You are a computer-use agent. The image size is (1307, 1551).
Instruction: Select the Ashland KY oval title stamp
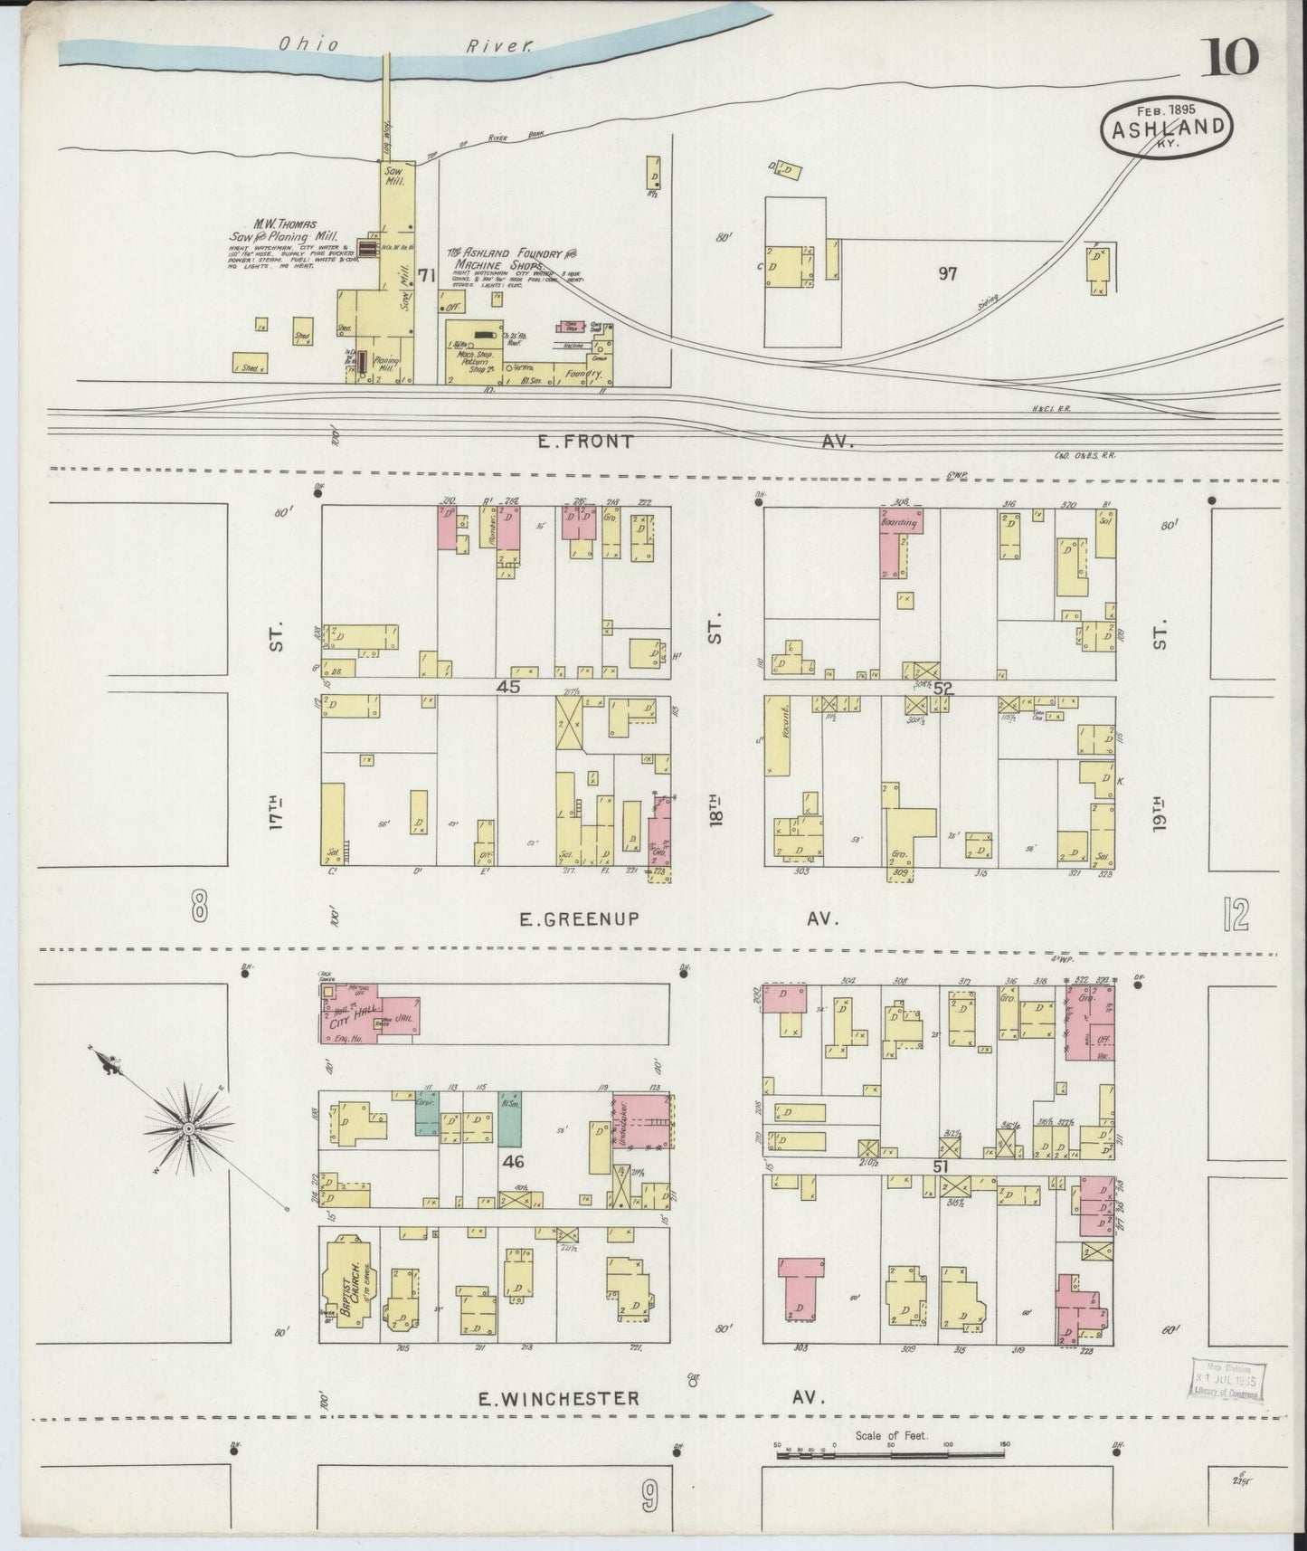click(1167, 127)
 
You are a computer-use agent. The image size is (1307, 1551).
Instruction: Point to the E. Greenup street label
click(579, 918)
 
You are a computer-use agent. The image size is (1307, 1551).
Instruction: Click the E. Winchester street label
click(558, 1398)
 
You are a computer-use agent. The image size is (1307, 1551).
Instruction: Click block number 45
click(507, 687)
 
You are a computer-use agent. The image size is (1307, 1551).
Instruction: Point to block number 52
click(943, 688)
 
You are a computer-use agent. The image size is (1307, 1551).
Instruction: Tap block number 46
click(513, 1158)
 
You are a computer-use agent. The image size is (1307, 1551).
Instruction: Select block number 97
click(947, 272)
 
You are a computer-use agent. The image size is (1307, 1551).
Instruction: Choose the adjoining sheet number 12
click(1234, 917)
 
